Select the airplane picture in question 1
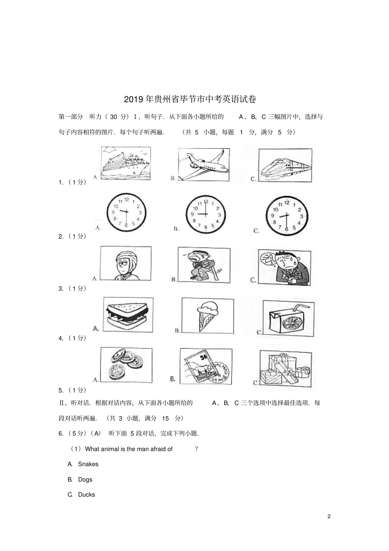pos(204,165)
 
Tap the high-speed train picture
pos(285,166)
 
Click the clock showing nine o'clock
pos(206,214)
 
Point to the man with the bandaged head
pos(125,263)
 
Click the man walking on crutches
pos(204,265)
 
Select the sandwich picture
pos(128,315)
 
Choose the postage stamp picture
pos(206,366)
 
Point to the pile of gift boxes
pos(285,367)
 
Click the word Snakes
pos(88,464)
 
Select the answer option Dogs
pos(85,479)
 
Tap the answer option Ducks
pos(86,494)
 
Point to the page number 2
pos(329,516)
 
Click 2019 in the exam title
pos(133,100)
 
